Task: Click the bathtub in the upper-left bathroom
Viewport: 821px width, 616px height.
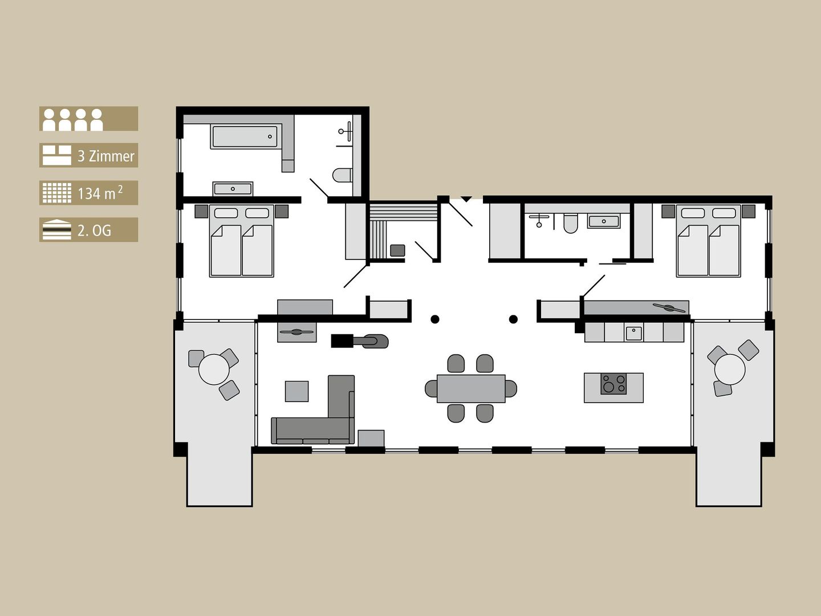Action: tap(245, 137)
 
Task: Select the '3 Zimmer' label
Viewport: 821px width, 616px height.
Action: tap(105, 156)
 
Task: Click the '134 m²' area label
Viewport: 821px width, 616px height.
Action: tap(100, 193)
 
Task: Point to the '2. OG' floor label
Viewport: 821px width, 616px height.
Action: tap(94, 230)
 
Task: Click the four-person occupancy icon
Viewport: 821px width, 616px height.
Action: tap(73, 119)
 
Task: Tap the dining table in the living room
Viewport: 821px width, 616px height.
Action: tap(471, 388)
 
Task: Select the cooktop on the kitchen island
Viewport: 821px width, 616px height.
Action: tap(613, 383)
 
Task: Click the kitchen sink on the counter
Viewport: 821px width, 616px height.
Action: tap(633, 333)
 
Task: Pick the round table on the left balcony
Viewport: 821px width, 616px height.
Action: tap(214, 369)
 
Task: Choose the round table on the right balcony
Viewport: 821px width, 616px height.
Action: tap(729, 369)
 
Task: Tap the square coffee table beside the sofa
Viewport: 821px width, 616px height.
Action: tap(296, 391)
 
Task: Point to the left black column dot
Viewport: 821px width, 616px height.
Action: tap(435, 319)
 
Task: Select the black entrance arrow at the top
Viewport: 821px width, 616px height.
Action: tap(466, 199)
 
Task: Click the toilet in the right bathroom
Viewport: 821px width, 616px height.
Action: tap(570, 223)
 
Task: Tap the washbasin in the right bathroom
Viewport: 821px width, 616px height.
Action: tap(604, 221)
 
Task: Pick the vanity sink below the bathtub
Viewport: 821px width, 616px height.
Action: tap(233, 188)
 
